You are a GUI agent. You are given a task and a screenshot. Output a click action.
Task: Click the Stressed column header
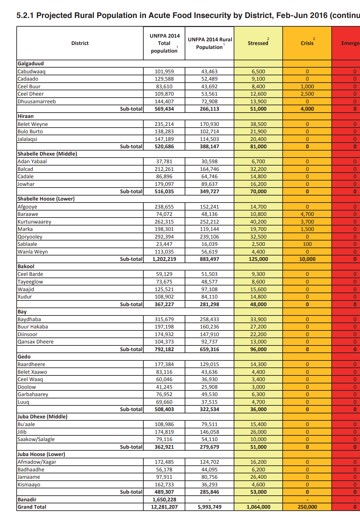258,43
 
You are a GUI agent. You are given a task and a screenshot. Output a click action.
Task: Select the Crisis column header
307,43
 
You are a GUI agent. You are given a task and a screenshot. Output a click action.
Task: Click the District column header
80,43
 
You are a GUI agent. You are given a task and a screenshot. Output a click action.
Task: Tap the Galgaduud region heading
31,64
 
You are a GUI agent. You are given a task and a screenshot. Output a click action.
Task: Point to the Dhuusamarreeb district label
37,101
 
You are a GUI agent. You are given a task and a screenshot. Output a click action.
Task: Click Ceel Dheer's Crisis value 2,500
307,94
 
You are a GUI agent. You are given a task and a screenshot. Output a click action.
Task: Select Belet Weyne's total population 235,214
164,124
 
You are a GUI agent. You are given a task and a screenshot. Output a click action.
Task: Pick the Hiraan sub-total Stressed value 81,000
258,146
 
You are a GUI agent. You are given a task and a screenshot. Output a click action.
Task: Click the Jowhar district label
26,184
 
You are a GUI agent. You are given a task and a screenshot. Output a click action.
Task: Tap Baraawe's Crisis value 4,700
307,214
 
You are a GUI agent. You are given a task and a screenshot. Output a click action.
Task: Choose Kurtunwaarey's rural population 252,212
209,222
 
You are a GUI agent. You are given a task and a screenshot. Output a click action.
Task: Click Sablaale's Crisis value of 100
307,244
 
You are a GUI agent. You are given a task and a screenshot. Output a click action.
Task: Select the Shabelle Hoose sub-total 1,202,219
164,259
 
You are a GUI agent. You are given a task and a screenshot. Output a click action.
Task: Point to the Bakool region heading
26,266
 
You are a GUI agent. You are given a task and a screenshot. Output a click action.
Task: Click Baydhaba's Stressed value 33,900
258,319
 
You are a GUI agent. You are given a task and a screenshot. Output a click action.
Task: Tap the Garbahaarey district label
33,394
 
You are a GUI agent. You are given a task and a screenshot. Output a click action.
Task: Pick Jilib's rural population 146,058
209,432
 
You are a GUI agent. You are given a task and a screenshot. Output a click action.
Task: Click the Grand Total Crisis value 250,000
307,507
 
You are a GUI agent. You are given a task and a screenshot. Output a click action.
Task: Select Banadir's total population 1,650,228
164,499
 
